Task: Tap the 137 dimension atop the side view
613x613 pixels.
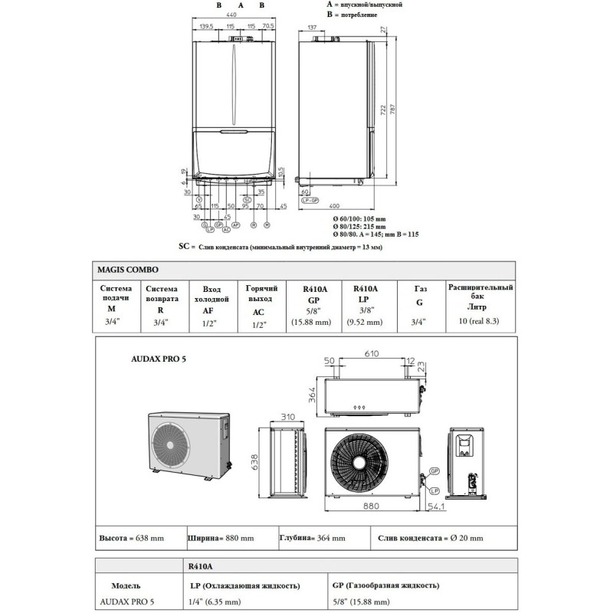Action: (x=312, y=28)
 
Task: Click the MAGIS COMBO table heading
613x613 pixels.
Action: (x=128, y=270)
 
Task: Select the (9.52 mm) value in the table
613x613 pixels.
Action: (x=364, y=323)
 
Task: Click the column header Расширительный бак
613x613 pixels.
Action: (x=480, y=292)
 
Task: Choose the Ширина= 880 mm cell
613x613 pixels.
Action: (x=221, y=539)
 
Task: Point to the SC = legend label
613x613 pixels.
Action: (x=183, y=247)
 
